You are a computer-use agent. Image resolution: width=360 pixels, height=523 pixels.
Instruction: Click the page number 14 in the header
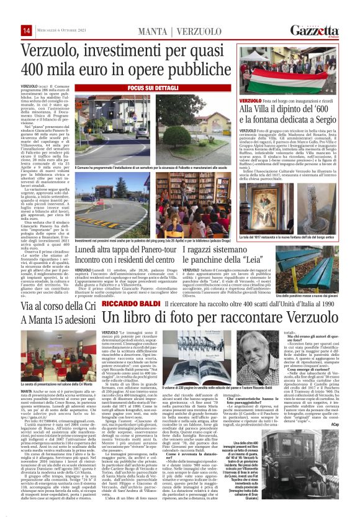[x=10, y=31]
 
